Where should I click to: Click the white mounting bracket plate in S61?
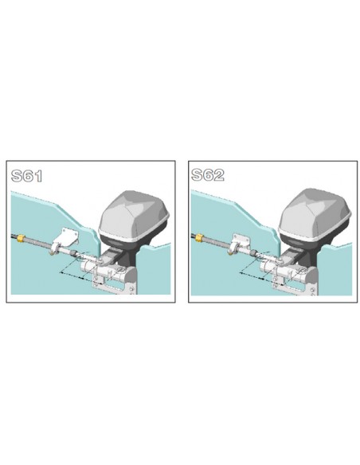pos(65,239)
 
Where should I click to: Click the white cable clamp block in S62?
pos(241,241)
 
